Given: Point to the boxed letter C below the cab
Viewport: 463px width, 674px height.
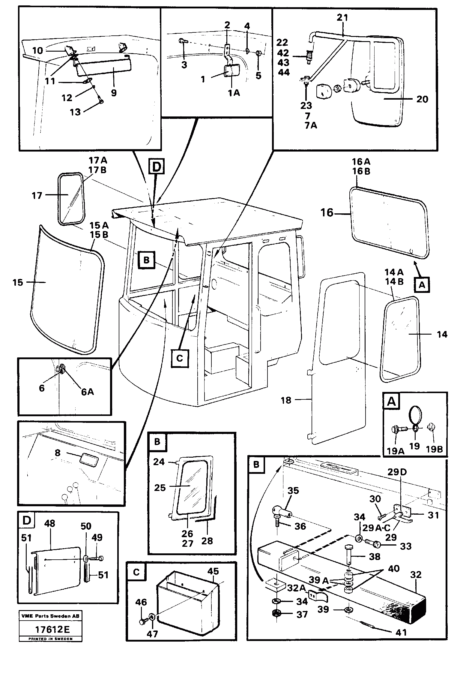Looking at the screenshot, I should [179, 358].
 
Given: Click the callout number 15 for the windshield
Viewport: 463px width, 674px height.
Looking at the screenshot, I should [18, 282].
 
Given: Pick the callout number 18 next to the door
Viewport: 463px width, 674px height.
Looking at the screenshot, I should [286, 400].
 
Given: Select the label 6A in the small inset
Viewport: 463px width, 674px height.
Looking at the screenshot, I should [87, 392].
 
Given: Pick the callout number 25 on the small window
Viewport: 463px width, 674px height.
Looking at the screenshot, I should [160, 488].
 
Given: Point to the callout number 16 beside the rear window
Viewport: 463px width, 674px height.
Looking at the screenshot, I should [327, 213].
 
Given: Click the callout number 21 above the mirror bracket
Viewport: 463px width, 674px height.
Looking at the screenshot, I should [342, 18].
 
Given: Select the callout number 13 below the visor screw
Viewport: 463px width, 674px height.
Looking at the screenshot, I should [75, 112].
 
